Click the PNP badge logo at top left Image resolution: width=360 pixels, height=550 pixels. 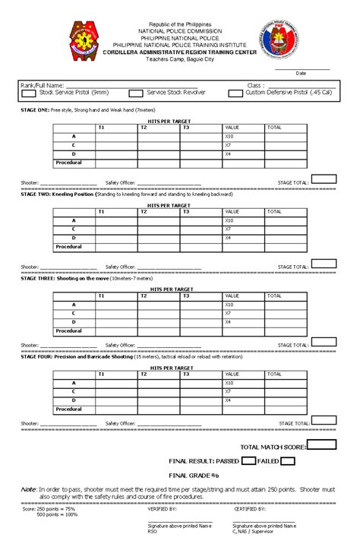(x=84, y=42)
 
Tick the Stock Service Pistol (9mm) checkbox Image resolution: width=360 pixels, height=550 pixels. (x=29, y=93)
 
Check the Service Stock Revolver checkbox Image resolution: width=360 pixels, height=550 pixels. (x=136, y=93)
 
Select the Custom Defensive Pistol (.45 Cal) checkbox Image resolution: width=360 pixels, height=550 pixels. (x=235, y=93)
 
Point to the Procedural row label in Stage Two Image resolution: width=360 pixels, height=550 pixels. (x=69, y=247)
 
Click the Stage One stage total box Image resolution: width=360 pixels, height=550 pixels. (x=324, y=180)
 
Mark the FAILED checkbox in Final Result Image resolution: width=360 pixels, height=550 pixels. (x=288, y=460)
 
